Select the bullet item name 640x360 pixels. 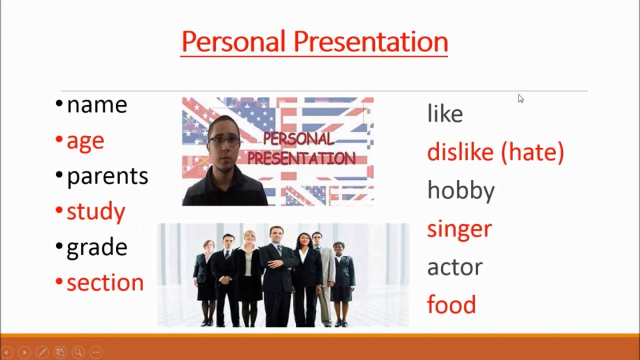97,105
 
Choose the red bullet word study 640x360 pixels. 96,211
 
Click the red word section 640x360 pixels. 105,282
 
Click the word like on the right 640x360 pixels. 445,113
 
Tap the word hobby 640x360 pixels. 461,191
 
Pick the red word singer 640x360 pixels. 459,229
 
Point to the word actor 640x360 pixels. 455,267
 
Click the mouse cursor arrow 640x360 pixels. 520,98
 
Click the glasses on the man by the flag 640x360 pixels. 224,140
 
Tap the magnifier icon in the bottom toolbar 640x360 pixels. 78,352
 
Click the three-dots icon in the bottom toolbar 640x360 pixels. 96,352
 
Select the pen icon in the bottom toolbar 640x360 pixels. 42,352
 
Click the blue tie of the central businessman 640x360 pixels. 279,250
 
